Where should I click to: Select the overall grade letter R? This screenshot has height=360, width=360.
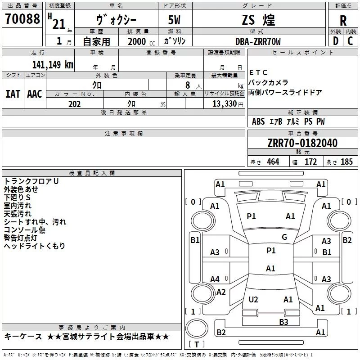click(343, 21)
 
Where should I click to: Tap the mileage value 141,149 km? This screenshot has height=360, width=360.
click(53, 64)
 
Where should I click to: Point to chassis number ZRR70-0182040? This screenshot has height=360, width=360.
click(302, 143)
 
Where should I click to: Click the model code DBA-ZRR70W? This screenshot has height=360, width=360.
click(258, 41)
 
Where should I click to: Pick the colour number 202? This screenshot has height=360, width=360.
click(74, 104)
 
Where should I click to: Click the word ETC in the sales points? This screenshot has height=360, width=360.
click(258, 72)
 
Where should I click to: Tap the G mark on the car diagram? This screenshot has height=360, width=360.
click(284, 237)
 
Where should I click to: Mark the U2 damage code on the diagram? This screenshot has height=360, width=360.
click(253, 300)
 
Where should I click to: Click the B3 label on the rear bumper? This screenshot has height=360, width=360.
click(283, 322)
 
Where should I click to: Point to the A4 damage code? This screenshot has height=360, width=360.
click(215, 279)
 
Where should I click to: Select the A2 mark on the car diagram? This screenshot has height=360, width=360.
click(221, 292)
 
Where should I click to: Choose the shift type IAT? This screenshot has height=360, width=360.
click(13, 94)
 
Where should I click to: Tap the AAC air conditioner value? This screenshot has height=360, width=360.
click(35, 94)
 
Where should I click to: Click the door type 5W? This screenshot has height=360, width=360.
click(175, 20)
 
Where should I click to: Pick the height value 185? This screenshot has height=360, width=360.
click(346, 162)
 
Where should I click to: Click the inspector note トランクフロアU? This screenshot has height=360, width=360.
click(31, 181)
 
